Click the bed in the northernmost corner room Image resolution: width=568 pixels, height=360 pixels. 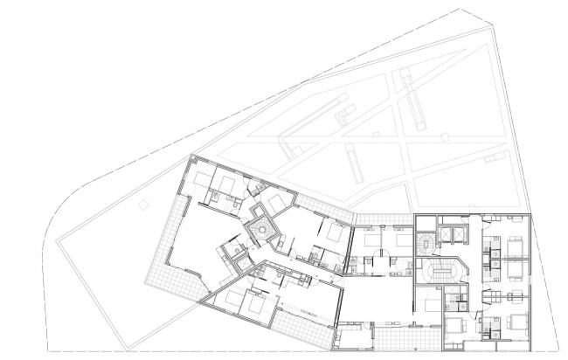pyautogui.click(x=224, y=183)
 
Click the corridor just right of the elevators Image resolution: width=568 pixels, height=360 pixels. pyautogui.click(x=475, y=253)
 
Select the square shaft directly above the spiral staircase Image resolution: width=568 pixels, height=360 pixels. pyautogui.click(x=259, y=211)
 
